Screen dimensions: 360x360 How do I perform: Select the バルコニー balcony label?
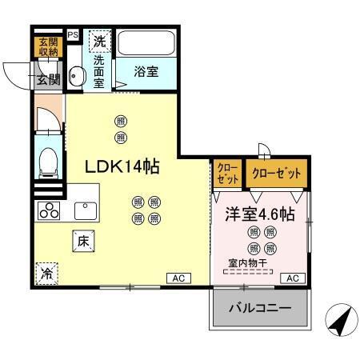point(260,308)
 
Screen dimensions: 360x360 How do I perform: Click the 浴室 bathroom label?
point(146,70)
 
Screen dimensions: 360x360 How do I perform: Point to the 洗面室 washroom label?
point(98,70)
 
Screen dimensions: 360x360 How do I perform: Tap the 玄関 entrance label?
point(47,78)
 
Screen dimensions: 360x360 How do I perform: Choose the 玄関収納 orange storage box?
point(46,47)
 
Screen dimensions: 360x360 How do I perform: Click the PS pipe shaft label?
point(73,35)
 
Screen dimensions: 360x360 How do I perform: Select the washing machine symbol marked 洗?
point(98,41)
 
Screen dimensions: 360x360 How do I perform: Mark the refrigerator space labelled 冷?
point(46,271)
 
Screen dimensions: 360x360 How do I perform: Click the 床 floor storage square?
point(82,238)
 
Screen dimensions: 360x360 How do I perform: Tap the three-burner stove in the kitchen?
point(49,211)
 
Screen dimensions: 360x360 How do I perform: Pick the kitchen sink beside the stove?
point(84,210)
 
